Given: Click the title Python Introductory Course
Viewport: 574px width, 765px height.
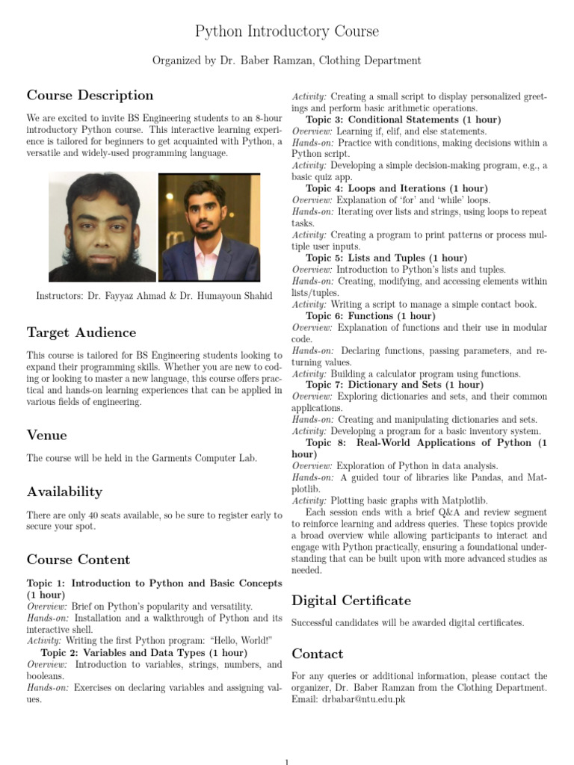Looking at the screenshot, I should click(x=287, y=31).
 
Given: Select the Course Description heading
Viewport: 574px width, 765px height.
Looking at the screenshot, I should click(x=90, y=96).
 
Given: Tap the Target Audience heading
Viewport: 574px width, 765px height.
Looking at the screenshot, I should click(x=81, y=332).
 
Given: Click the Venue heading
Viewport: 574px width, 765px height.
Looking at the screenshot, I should click(x=47, y=435).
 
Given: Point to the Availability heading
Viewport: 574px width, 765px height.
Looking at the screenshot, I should click(x=64, y=492).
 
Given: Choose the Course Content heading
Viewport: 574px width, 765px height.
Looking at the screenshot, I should click(x=78, y=560).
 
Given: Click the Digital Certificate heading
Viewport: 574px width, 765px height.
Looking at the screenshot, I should click(x=351, y=601).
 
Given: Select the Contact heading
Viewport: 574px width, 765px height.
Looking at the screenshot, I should click(x=318, y=654).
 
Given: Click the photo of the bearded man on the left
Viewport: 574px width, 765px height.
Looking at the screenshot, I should click(x=102, y=227).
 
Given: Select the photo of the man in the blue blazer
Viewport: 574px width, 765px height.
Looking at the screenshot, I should click(x=209, y=228).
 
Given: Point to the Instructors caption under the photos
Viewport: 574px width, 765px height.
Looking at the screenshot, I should click(x=155, y=296).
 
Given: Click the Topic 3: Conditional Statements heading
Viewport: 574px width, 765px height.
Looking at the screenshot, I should click(x=403, y=120).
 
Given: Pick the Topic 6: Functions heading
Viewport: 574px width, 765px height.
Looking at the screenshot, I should click(x=370, y=316).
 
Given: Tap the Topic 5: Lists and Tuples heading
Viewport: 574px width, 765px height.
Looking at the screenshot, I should click(x=386, y=258).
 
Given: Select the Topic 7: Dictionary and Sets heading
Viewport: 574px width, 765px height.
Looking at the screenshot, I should click(x=395, y=385).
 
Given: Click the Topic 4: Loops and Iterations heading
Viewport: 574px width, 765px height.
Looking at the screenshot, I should click(x=397, y=189).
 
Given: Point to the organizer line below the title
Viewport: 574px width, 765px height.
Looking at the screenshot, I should click(x=287, y=61).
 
